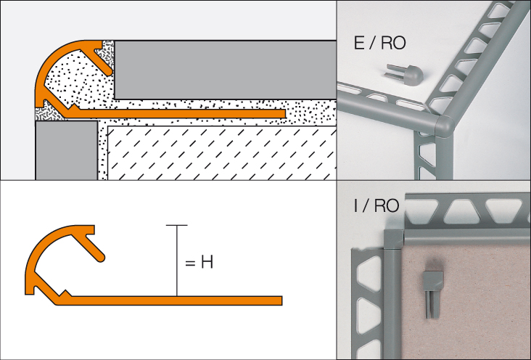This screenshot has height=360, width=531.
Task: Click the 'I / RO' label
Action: coord(376,205)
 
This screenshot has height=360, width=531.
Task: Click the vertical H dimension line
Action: coord(176,261)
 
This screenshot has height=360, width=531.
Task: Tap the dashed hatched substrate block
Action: coord(218,152)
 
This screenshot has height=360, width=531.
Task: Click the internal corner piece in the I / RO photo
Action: coord(391,240)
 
